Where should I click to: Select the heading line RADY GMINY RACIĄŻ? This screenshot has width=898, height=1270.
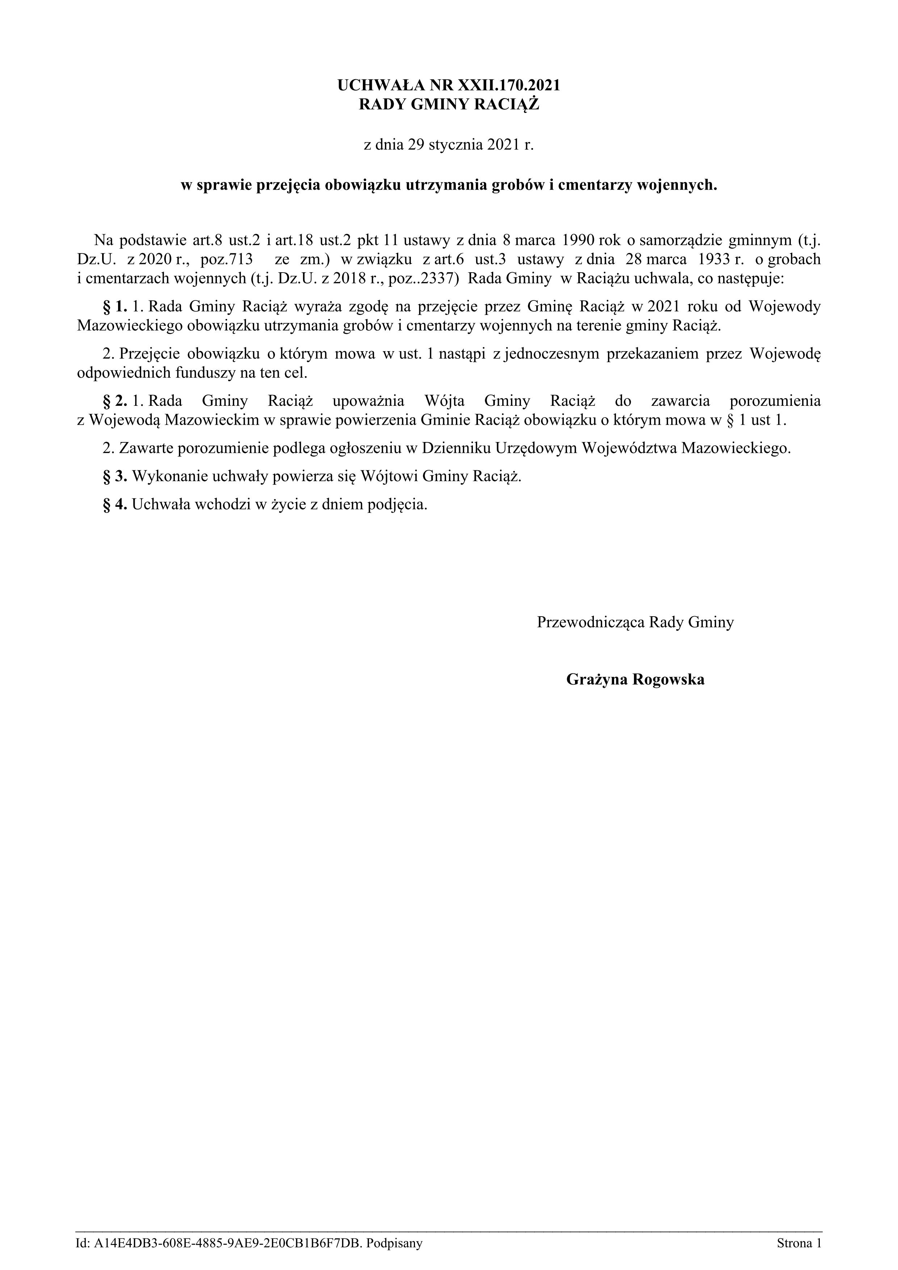pyautogui.click(x=449, y=105)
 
